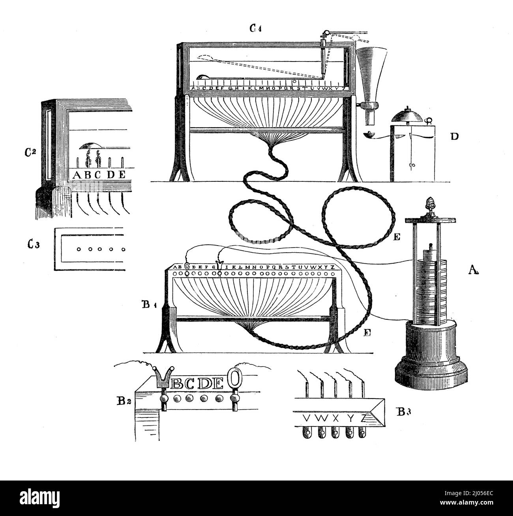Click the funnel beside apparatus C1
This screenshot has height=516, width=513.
(370, 75)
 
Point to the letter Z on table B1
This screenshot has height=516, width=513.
(333, 267)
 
